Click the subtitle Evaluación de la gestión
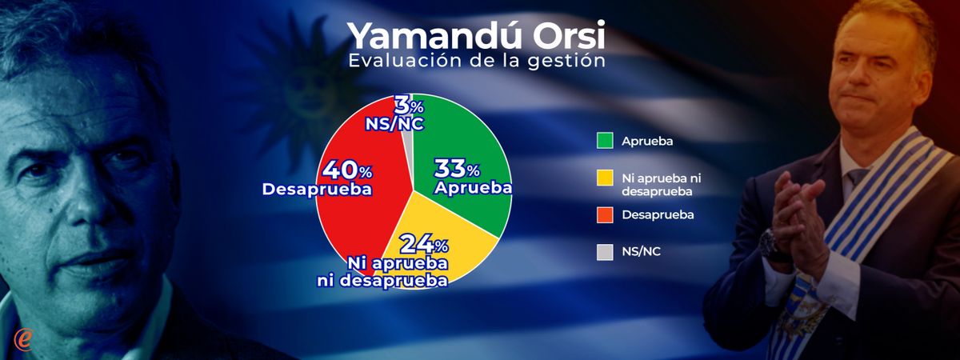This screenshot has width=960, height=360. coord(477,61)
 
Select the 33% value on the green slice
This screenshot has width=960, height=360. coord(457,169)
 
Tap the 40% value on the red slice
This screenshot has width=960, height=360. coord(347,170)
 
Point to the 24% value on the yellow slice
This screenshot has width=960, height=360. coord(424,244)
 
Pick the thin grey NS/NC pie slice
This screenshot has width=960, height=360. coord(408,142)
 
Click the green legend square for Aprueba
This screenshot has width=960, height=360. coord(605,141)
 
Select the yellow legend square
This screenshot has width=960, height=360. coord(605,178)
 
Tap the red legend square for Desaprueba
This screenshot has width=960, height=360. coord(605,214)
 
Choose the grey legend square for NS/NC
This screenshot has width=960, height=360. coord(605,252)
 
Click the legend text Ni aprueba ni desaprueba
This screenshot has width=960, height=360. coord(662,184)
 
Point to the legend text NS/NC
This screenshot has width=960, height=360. coord(641,251)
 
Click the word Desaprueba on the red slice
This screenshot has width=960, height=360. coord(317,190)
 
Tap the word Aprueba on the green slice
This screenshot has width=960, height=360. coord(473,188)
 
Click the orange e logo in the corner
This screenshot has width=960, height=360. coord(22,339)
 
